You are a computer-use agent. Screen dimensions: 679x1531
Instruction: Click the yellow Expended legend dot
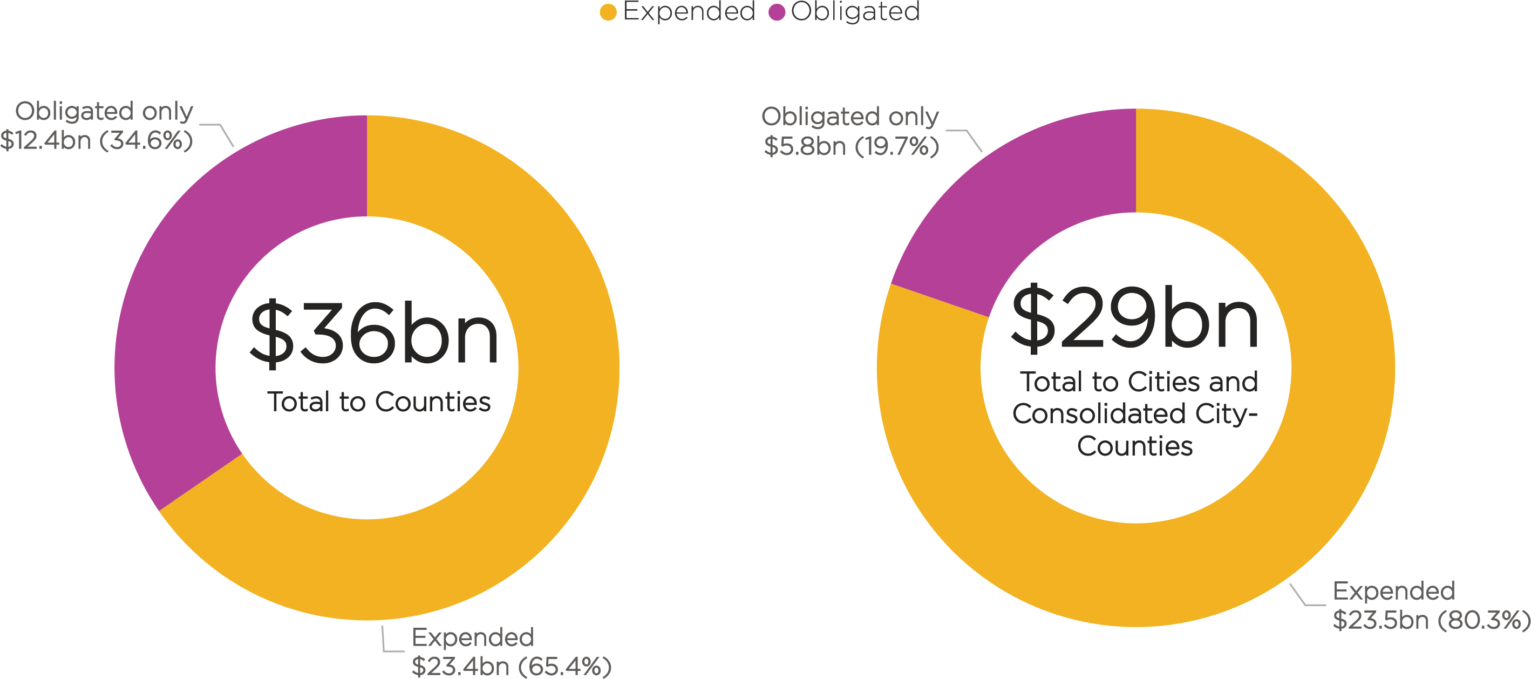[x=608, y=12]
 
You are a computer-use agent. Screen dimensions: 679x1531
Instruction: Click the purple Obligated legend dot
[x=777, y=12]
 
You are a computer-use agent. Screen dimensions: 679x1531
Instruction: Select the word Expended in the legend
[x=689, y=11]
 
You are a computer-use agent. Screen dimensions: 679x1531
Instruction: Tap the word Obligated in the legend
[x=855, y=11]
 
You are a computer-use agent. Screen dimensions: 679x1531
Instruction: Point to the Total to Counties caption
[x=379, y=402]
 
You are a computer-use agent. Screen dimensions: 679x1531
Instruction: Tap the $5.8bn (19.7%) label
[x=851, y=146]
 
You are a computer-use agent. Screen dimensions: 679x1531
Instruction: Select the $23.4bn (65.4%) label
[x=511, y=666]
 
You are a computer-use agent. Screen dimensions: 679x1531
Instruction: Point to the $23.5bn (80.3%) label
[x=1431, y=620]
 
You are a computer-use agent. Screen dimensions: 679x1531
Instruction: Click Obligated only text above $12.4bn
[x=104, y=111]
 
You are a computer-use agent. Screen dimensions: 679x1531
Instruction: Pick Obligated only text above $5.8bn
[x=850, y=117]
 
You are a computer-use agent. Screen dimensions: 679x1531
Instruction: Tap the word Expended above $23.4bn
[x=473, y=637]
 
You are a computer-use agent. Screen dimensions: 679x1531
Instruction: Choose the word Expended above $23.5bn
[x=1394, y=591]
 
